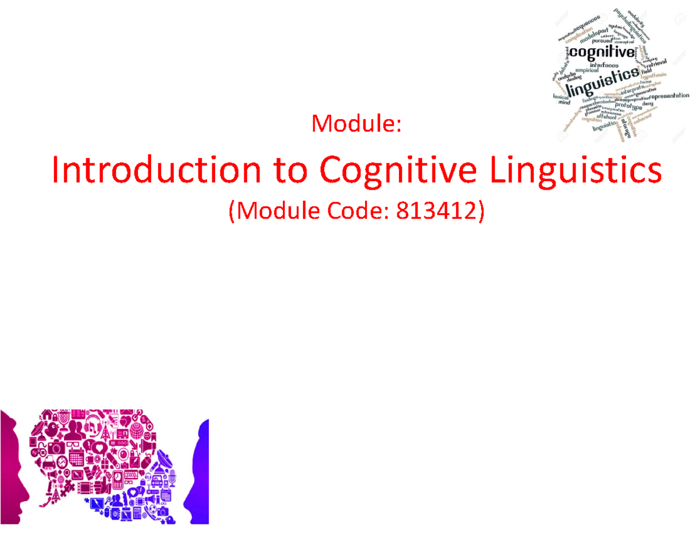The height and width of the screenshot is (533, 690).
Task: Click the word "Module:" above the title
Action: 355,123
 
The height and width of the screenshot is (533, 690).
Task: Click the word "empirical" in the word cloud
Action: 583,70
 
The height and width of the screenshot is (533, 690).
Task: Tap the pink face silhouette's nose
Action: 25,492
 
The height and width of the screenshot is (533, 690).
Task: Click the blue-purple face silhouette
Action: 198,471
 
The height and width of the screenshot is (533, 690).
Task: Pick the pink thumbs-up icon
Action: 101,486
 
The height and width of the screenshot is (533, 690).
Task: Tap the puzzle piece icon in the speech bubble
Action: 67,486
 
